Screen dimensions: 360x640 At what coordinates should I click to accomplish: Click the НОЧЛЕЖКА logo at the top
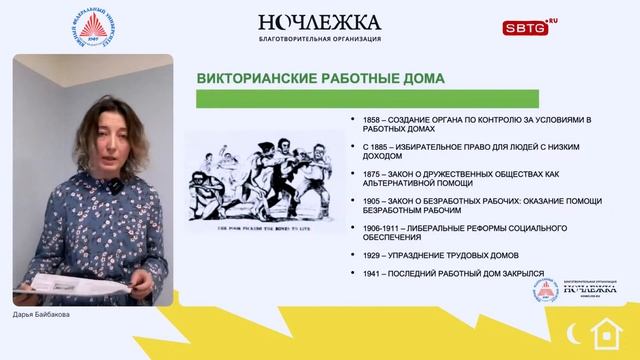(x=319, y=21)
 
